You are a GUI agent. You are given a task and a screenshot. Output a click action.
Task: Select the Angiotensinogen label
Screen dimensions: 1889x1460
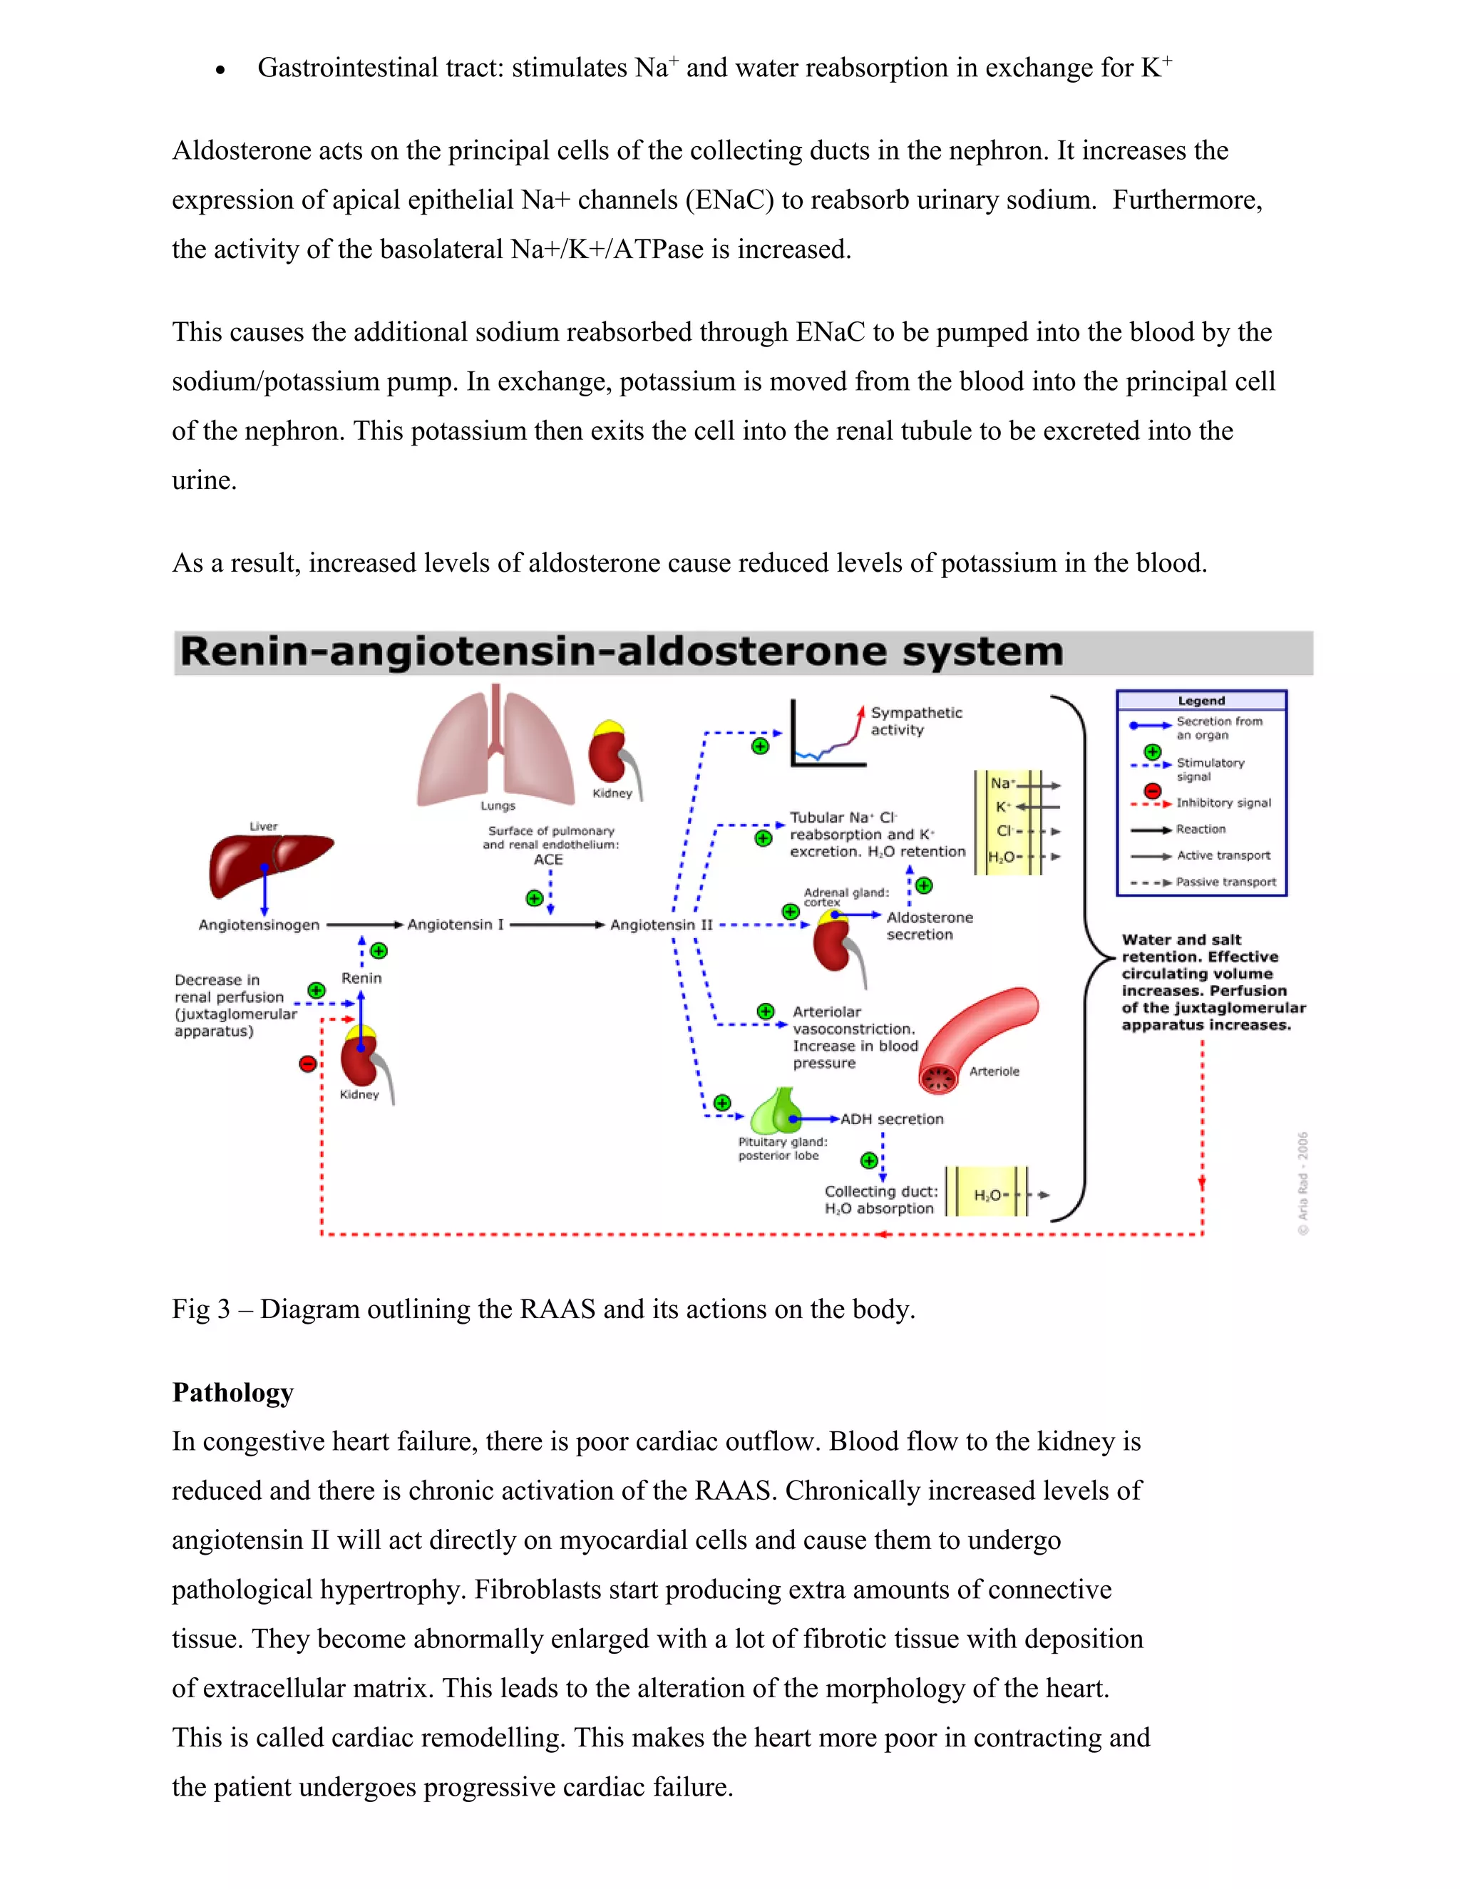tap(259, 925)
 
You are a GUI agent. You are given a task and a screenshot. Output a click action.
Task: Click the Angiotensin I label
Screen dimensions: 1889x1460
tap(455, 925)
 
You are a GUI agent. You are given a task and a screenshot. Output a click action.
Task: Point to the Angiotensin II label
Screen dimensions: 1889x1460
tap(661, 925)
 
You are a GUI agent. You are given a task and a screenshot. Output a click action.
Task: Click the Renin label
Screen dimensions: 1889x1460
tap(361, 978)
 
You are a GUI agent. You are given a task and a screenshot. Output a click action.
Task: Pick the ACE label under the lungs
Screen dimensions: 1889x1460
tap(548, 860)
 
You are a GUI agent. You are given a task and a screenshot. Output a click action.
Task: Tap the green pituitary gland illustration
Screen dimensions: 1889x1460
tap(776, 1112)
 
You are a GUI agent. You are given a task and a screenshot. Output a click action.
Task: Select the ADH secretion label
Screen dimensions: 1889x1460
tap(892, 1119)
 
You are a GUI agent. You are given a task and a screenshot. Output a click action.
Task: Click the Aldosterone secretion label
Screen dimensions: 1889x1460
tap(929, 925)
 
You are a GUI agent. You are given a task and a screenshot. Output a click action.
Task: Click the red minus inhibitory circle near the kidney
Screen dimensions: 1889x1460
tap(308, 1064)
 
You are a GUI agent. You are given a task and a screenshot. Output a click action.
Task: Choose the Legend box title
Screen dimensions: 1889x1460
tap(1201, 701)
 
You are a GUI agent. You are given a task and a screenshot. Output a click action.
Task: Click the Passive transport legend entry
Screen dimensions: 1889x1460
tap(1225, 882)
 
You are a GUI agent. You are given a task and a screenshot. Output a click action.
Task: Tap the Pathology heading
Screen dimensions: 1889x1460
tap(232, 1393)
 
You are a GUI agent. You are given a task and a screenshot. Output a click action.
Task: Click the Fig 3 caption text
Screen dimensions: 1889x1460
tap(543, 1309)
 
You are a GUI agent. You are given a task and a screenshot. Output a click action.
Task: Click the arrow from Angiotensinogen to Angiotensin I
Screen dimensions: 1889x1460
tap(364, 925)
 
